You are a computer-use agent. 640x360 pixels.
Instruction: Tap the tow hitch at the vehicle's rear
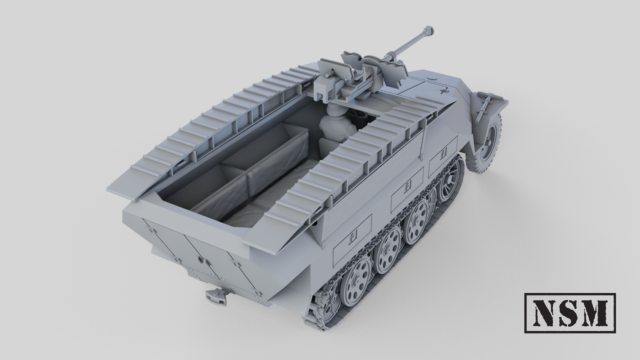[x=217, y=296]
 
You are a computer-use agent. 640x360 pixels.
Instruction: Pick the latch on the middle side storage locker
[x=407, y=185]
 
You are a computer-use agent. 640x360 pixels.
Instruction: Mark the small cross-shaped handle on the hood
[x=442, y=91]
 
